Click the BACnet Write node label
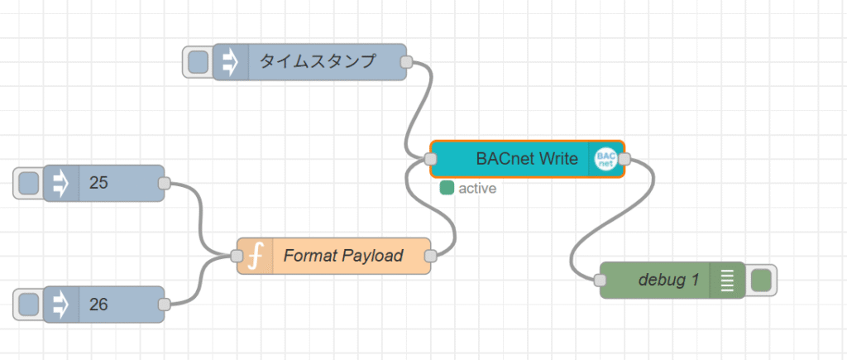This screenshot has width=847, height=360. click(527, 159)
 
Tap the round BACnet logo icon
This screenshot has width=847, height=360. click(605, 159)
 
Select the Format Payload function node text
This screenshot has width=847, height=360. click(343, 256)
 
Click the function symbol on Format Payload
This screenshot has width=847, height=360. click(256, 256)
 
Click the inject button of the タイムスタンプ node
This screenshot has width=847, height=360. click(199, 62)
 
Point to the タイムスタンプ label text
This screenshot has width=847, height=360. click(317, 61)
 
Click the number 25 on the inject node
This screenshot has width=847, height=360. click(99, 183)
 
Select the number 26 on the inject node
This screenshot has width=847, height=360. click(99, 305)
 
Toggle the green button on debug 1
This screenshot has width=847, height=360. click(761, 281)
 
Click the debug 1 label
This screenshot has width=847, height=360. click(668, 280)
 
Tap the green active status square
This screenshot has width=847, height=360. click(447, 188)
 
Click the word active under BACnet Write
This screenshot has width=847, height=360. click(477, 189)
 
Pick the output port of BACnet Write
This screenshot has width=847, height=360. click(624, 159)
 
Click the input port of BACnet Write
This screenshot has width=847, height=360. click(430, 159)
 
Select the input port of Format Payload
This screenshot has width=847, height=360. click(237, 256)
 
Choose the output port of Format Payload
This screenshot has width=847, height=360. click(430, 256)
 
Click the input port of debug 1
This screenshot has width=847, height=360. click(600, 280)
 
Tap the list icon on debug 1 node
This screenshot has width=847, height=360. click(728, 281)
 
